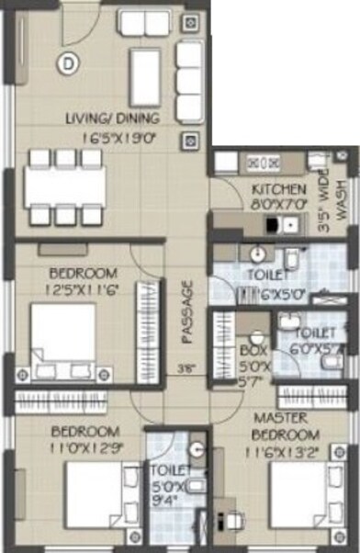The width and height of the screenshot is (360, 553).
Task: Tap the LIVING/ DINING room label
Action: point(113,118)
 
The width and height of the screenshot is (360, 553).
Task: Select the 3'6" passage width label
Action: point(186,371)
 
